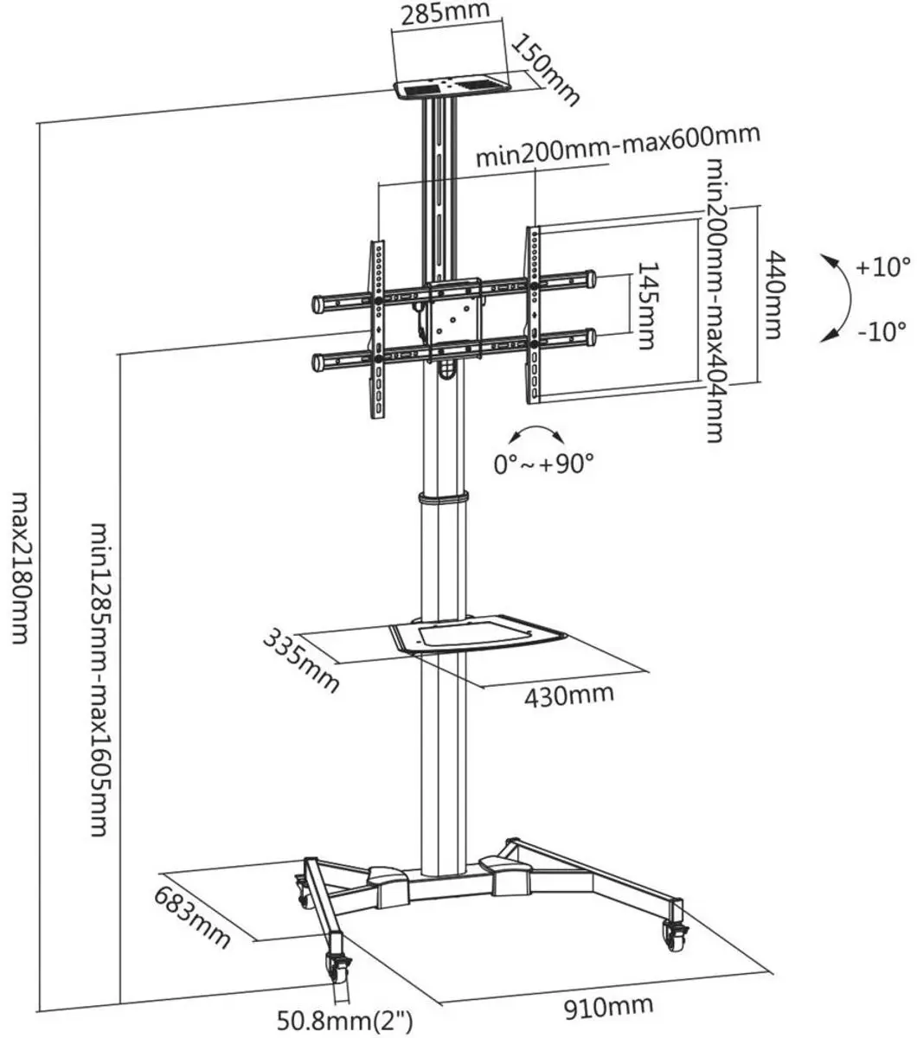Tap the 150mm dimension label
coord(545,70)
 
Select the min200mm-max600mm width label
coord(618,145)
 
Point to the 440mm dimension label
coord(775,295)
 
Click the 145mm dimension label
coord(647,306)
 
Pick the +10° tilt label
coord(883,267)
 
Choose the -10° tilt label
coord(882,331)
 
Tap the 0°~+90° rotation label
coord(543,464)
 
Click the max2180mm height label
coord(21,567)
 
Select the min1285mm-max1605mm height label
coord(99,679)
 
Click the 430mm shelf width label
coord(569,695)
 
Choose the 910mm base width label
coord(608,1007)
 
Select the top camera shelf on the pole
coord(452,90)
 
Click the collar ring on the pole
coord(444,498)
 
